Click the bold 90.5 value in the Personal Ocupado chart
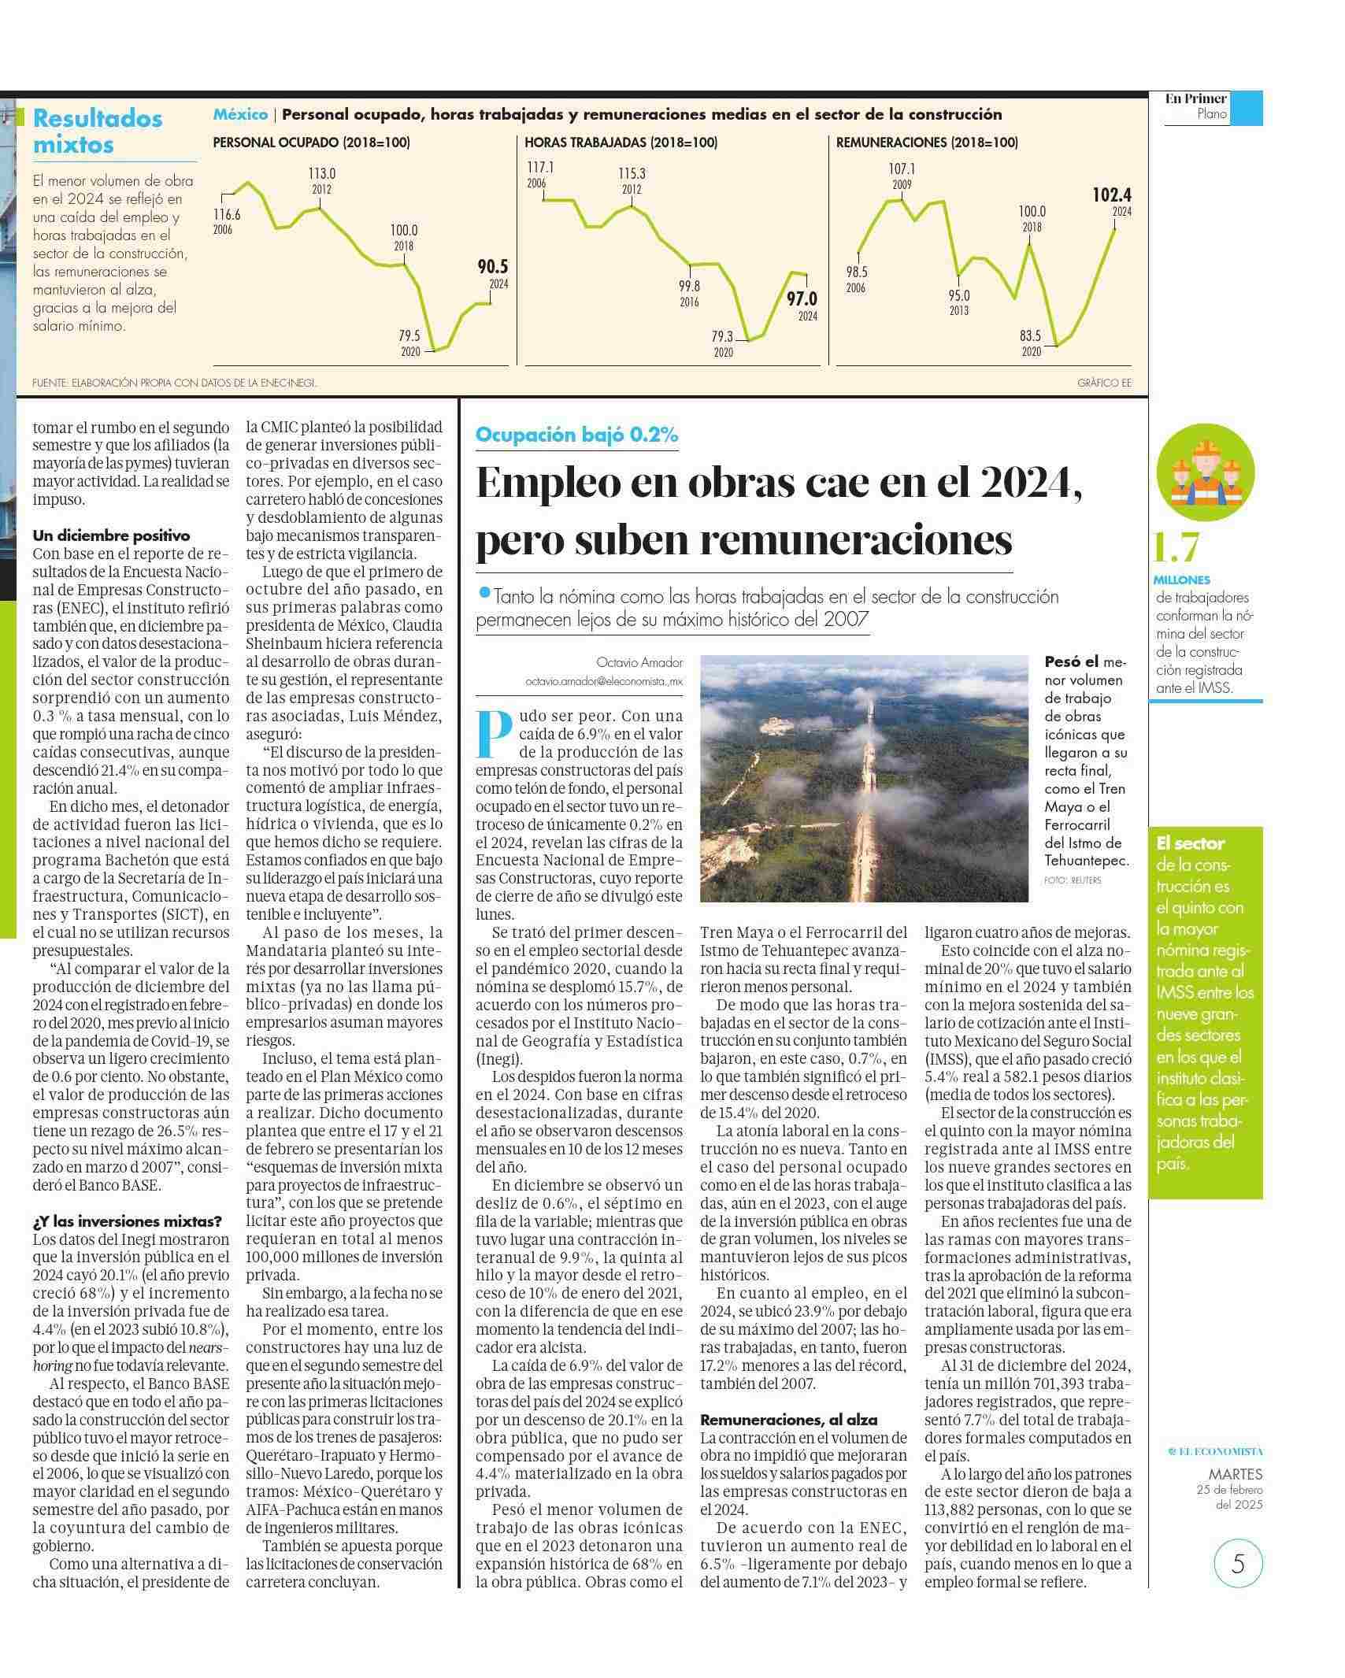(492, 267)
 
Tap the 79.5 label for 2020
(409, 336)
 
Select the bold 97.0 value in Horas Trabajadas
(802, 299)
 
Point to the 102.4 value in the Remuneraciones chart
(1111, 194)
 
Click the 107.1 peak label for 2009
(902, 169)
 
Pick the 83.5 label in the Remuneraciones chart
(1031, 336)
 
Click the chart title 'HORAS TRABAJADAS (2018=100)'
(621, 143)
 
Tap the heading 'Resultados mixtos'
(98, 131)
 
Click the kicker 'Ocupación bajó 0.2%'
(576, 435)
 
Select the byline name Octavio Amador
(640, 662)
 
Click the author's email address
(604, 682)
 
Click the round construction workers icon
(1205, 472)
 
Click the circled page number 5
(1238, 1562)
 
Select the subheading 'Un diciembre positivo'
(111, 535)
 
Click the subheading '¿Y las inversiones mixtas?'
(128, 1221)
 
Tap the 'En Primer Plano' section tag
(1197, 106)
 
